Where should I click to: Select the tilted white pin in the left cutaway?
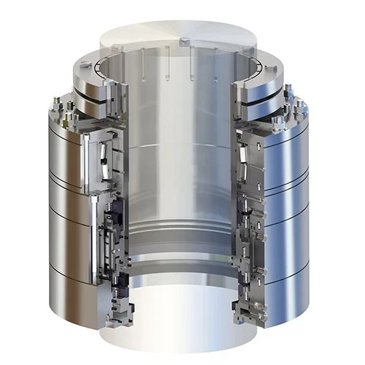[x=104, y=156]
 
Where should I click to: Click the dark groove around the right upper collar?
[x=274, y=94]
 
